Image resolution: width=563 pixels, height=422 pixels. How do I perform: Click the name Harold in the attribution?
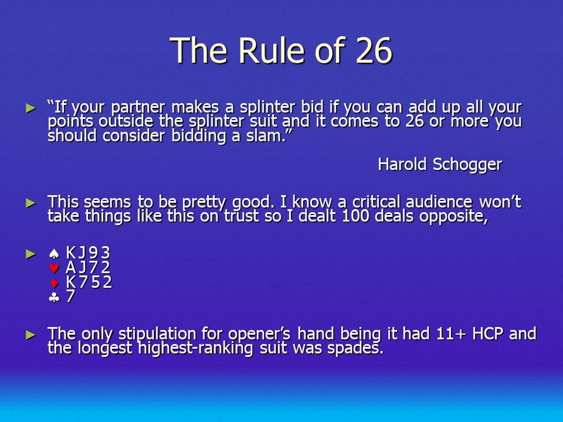(x=402, y=164)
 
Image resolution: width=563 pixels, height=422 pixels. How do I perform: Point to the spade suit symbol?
(x=54, y=254)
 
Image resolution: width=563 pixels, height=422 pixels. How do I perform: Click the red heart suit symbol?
(x=54, y=268)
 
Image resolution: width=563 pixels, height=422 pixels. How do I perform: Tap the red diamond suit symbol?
(x=54, y=283)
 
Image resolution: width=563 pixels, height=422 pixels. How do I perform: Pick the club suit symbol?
(x=54, y=297)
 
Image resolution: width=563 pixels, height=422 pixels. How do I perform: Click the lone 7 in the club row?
(x=70, y=296)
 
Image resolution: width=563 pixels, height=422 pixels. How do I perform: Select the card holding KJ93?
(x=88, y=253)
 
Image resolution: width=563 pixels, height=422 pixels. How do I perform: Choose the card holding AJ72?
(x=88, y=267)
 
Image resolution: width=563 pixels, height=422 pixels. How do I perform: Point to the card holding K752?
(x=89, y=282)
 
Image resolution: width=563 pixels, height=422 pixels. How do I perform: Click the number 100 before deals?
(x=355, y=216)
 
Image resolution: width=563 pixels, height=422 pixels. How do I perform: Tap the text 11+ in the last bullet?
(x=451, y=333)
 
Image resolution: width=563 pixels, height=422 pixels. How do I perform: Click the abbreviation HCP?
(x=487, y=333)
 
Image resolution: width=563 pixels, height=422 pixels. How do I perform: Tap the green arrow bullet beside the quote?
(x=31, y=108)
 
